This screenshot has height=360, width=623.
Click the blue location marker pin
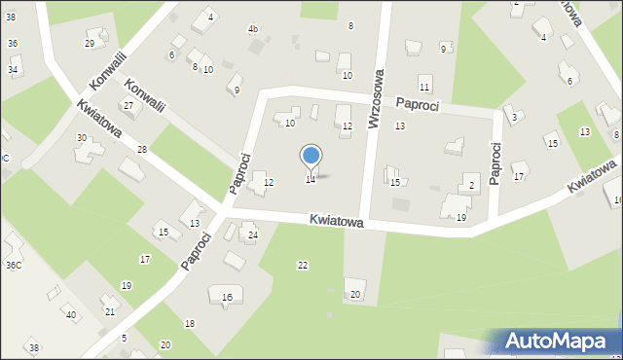(311, 157)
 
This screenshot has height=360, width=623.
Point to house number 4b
(253, 29)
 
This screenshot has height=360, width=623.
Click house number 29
(90, 44)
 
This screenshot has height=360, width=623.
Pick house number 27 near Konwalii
(128, 105)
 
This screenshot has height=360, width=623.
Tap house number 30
(82, 138)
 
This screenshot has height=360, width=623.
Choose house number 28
(142, 149)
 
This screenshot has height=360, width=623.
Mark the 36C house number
(14, 265)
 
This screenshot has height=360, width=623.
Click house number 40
(70, 314)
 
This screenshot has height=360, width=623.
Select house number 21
(110, 311)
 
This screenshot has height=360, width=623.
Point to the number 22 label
(303, 265)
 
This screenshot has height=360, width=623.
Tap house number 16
(227, 297)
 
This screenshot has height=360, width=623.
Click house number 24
(252, 235)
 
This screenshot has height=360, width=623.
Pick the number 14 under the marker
(311, 180)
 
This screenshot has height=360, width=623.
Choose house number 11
(424, 88)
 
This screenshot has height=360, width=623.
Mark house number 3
(514, 118)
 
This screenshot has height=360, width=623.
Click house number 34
(13, 70)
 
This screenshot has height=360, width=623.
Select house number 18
(190, 323)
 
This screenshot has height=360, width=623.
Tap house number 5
(124, 338)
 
